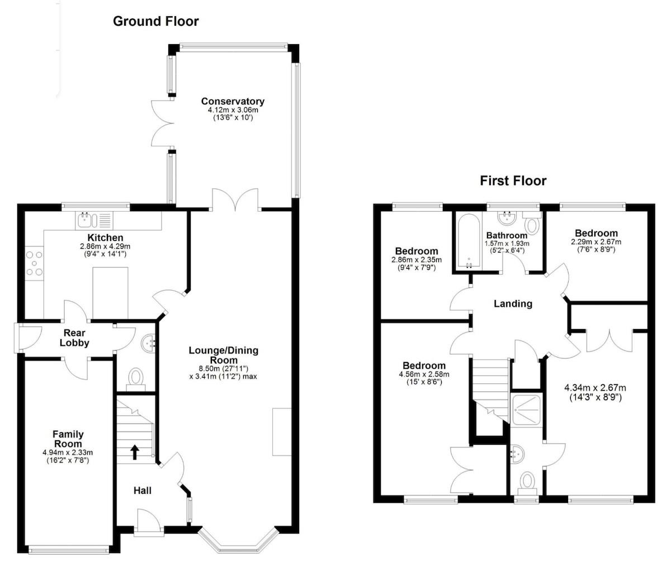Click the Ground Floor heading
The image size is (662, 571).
click(155, 22)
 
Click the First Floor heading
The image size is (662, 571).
click(513, 180)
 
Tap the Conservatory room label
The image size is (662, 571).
click(233, 102)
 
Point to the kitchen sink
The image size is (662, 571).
click(87, 220)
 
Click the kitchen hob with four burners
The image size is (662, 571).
click(34, 264)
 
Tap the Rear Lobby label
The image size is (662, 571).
click(74, 338)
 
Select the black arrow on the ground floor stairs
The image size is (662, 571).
click(134, 451)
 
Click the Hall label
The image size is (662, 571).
click(142, 491)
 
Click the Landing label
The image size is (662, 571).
click(513, 304)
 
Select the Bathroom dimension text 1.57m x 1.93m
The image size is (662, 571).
click(507, 244)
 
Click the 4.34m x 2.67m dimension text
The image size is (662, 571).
click(595, 388)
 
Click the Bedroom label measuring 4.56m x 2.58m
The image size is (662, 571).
click(422, 366)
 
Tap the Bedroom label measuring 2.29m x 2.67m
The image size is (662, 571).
click(596, 233)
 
